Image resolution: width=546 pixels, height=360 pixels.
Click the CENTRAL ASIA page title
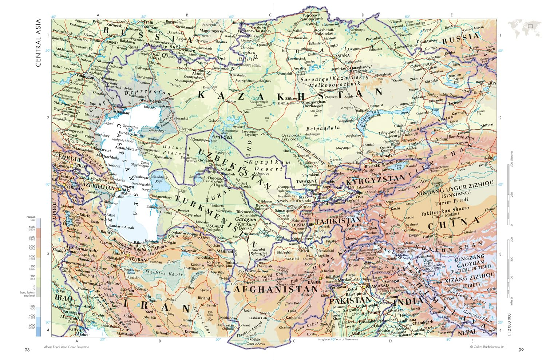(38, 43)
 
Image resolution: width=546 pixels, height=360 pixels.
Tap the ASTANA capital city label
(342, 56)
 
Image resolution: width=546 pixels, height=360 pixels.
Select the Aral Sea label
(222, 137)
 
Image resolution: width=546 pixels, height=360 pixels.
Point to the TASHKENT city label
(306, 181)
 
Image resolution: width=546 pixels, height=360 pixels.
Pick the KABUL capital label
(314, 282)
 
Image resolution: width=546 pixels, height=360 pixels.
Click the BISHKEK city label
(372, 166)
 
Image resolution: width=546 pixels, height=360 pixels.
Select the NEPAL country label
(467, 332)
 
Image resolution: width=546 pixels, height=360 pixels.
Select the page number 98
(27, 350)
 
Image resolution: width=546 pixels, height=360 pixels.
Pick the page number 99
(521, 350)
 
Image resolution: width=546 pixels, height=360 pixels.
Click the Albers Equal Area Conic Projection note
(67, 347)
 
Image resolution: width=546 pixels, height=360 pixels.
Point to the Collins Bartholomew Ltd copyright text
(487, 347)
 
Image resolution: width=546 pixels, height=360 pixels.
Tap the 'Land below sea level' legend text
(28, 294)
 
